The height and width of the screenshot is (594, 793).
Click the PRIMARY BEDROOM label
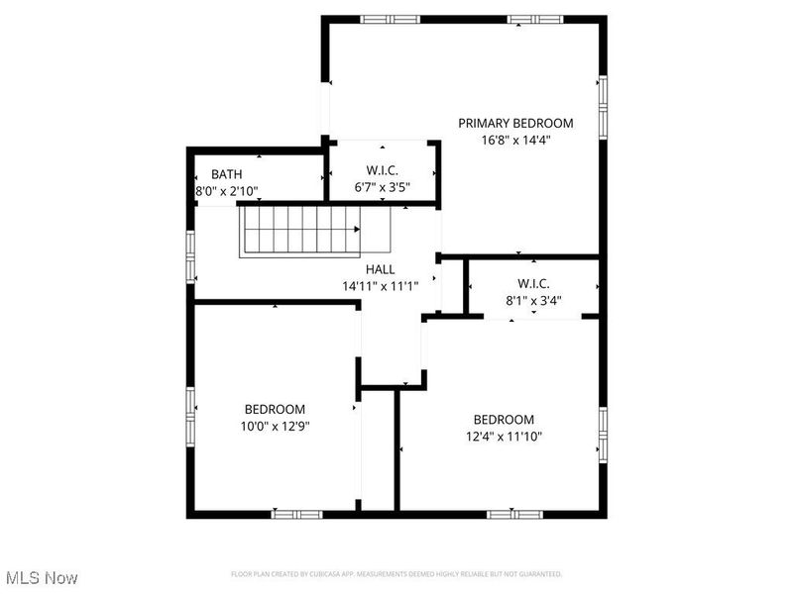pos(515,123)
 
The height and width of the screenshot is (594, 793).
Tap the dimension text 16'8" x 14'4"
pos(515,141)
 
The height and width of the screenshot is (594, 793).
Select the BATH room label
pos(226,174)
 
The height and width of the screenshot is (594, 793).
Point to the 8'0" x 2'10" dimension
pos(226,191)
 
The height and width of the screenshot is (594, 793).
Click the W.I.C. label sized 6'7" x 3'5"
pos(382,168)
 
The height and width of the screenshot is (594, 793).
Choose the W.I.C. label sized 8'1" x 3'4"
pos(534,284)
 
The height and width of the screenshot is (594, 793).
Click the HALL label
pos(381,268)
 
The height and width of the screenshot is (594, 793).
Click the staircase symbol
pos(299,230)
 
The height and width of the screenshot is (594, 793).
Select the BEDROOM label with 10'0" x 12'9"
pos(275,409)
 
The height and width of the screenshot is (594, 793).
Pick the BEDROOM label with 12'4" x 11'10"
pos(503,419)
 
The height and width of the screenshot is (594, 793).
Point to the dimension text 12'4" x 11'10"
pos(503,436)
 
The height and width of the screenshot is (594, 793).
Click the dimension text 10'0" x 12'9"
pos(275,426)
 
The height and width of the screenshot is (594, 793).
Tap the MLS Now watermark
pos(42,576)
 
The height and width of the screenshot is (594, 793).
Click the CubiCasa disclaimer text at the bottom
pos(396,574)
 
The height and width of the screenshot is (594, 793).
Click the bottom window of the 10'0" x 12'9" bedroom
pos(297,514)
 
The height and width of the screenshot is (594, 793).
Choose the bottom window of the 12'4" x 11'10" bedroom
pos(514,514)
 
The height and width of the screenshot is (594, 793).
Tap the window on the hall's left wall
pos(191,255)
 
